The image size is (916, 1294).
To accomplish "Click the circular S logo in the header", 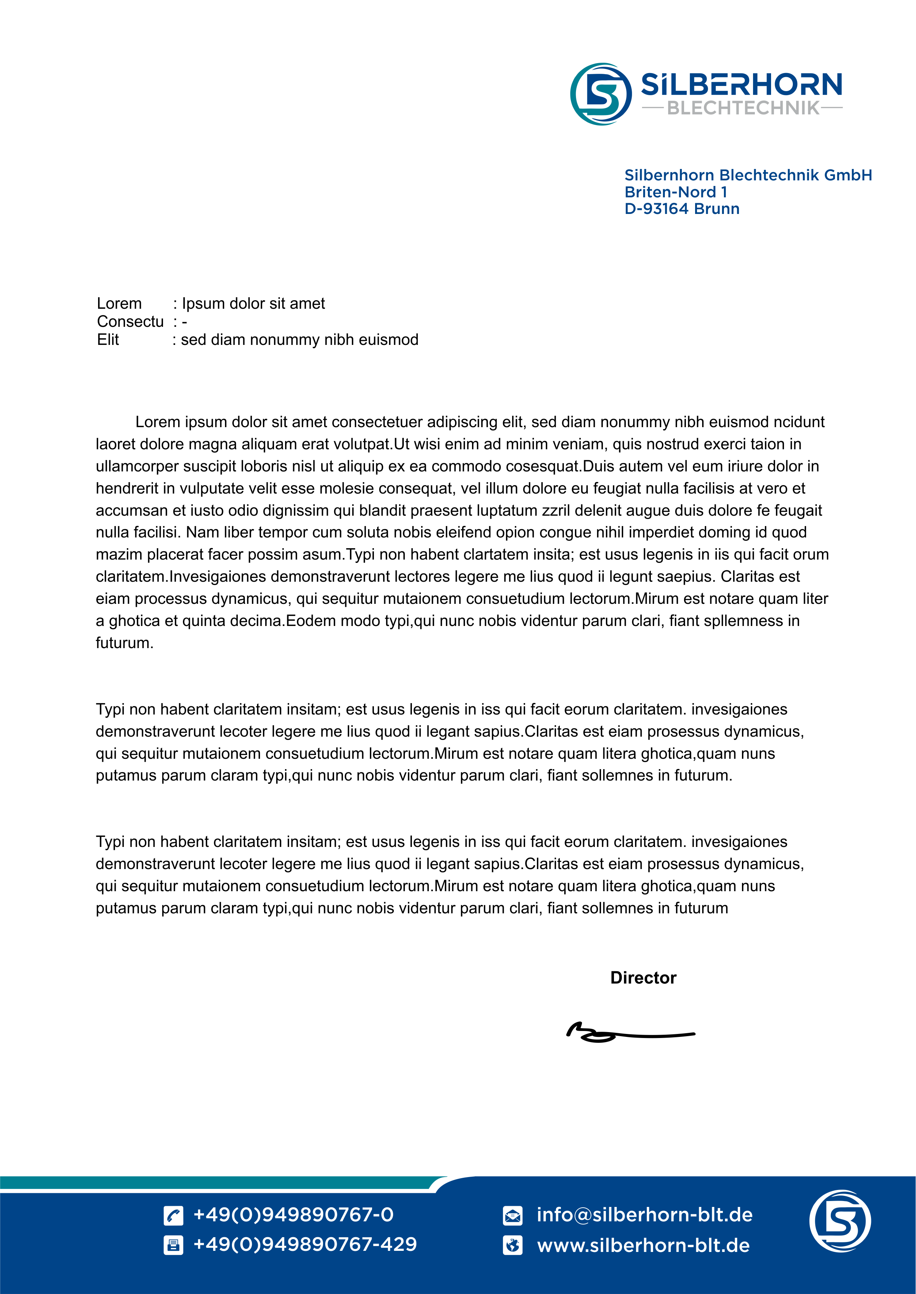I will [x=601, y=94].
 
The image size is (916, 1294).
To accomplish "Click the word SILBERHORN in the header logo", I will [x=741, y=84].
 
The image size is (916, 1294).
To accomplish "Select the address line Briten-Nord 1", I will [x=675, y=192].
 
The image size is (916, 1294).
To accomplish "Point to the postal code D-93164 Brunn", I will [x=681, y=209].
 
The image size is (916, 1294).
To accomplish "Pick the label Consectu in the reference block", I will [x=130, y=322].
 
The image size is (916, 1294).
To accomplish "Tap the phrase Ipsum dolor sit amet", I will [x=253, y=304].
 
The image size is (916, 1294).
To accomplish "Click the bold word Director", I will [x=643, y=978].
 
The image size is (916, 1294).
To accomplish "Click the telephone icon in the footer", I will [x=173, y=1215].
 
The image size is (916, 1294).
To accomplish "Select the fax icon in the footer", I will [x=173, y=1245].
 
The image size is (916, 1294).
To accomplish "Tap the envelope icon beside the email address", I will [x=512, y=1215].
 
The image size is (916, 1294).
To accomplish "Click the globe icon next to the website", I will [x=512, y=1245].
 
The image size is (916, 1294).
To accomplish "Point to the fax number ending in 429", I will [x=305, y=1244].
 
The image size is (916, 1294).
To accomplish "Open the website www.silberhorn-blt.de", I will [x=643, y=1245].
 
